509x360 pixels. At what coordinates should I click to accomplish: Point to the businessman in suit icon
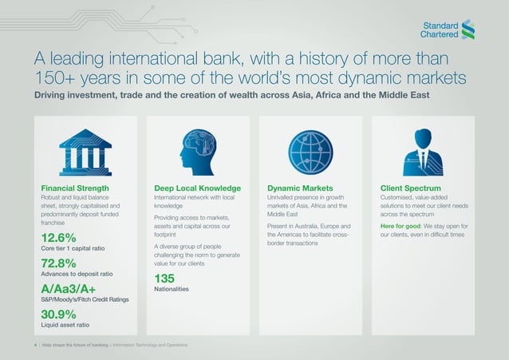click(x=423, y=149)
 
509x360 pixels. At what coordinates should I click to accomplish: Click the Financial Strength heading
click(x=75, y=188)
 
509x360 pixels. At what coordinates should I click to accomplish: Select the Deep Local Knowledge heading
click(x=197, y=188)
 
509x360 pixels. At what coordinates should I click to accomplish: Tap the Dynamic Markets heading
click(x=300, y=188)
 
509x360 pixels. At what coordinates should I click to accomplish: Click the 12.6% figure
click(x=58, y=238)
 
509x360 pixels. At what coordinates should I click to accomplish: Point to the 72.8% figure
click(x=58, y=263)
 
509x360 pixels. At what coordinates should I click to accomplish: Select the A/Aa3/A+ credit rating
click(x=69, y=288)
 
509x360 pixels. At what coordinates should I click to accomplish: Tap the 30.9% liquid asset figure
click(x=58, y=314)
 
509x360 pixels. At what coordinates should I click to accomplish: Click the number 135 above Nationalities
click(x=164, y=278)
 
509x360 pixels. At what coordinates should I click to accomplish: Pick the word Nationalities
click(x=172, y=288)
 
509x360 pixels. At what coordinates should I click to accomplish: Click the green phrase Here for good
click(x=401, y=226)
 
